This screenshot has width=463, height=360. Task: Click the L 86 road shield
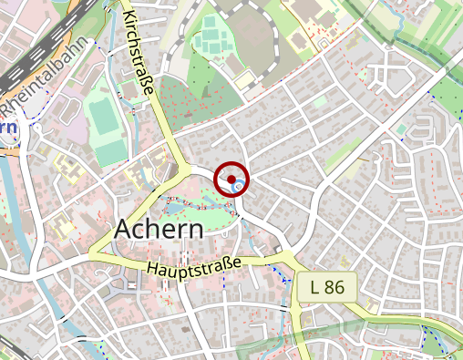tap(327, 287)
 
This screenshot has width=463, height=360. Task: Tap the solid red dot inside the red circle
tap(232, 179)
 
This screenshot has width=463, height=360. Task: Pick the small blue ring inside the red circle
tap(239, 186)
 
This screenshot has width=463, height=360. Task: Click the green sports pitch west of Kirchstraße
tap(108, 128)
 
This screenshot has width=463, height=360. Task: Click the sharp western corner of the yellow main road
tap(92, 251)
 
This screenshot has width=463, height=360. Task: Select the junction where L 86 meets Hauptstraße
tap(290, 260)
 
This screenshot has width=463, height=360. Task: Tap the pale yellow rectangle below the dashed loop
tap(247, 80)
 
